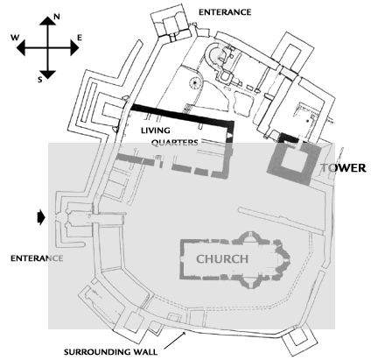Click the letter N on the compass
pyautogui.click(x=57, y=17)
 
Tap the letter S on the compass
pyautogui.click(x=40, y=79)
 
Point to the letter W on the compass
pyautogui.click(x=15, y=38)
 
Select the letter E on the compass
pyautogui.click(x=80, y=38)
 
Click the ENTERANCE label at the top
pyautogui.click(x=225, y=12)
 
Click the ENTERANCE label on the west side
pyautogui.click(x=37, y=258)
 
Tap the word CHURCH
pyautogui.click(x=222, y=259)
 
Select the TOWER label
pyautogui.click(x=343, y=168)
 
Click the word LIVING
pyautogui.click(x=156, y=131)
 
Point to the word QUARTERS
pyautogui.click(x=174, y=143)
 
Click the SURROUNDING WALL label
pyautogui.click(x=110, y=352)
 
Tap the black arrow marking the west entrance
pyautogui.click(x=41, y=217)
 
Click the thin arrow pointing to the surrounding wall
pyautogui.click(x=175, y=340)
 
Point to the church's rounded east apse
pyautogui.click(x=283, y=259)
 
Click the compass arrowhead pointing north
pyautogui.click(x=47, y=21)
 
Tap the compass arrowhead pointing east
pyautogui.click(x=75, y=47)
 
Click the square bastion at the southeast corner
pyautogui.click(x=300, y=340)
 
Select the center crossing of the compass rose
pyautogui.click(x=47, y=47)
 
